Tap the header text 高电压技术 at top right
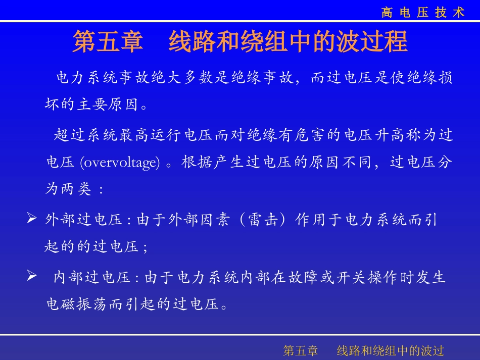423,13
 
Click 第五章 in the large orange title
108,42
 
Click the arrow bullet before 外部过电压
31,220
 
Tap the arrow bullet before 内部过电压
31,277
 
